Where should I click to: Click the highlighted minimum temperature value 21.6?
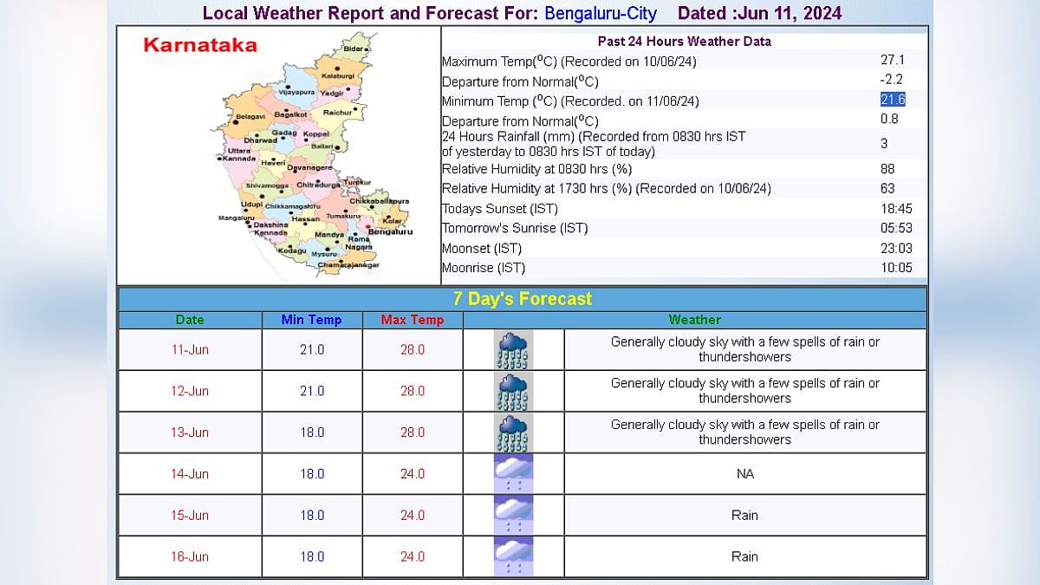click(x=893, y=101)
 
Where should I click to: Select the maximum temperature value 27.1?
click(x=893, y=61)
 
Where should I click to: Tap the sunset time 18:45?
click(x=896, y=209)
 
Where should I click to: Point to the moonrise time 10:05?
click(x=896, y=268)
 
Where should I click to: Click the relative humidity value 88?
click(x=887, y=169)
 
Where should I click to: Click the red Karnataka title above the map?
click(x=199, y=45)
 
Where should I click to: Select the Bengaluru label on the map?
click(x=390, y=231)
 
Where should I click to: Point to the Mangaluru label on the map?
click(x=237, y=218)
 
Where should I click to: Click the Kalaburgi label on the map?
click(x=338, y=76)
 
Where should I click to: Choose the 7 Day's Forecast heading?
click(x=522, y=299)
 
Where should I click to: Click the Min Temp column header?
click(x=311, y=320)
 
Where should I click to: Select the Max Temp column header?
click(x=413, y=320)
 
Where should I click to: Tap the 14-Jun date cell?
click(x=190, y=474)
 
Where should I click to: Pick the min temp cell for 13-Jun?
click(x=312, y=432)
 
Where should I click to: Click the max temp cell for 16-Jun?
click(x=413, y=557)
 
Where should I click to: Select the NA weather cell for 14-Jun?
click(x=744, y=474)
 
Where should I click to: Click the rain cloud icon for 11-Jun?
click(x=513, y=349)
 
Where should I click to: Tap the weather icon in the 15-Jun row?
click(x=513, y=516)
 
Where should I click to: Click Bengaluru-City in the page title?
click(x=601, y=14)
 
